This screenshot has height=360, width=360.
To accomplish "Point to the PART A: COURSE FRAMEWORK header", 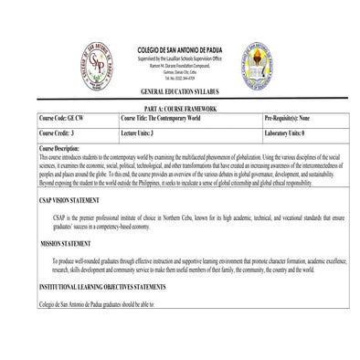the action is (181, 110).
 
